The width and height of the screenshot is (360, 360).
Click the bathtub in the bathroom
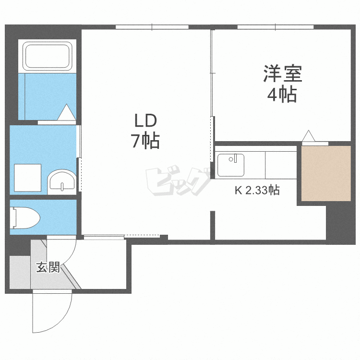coord(48,56)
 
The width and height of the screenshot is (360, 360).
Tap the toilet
coord(25,218)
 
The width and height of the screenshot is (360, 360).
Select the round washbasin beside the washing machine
coord(62,182)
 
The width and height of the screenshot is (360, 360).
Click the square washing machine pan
coord(28,178)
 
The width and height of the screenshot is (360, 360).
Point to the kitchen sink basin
coord(231,165)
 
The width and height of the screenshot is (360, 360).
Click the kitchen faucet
coord(233,159)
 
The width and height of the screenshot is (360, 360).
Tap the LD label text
coord(145,121)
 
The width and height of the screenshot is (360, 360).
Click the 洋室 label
coord(283,73)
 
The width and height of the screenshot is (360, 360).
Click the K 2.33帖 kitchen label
coord(257,190)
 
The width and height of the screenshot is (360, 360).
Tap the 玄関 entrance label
coord(48,267)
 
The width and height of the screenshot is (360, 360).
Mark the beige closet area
coord(326,173)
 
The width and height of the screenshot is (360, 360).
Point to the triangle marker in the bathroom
coord(67,112)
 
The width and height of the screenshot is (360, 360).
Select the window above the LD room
coord(152,27)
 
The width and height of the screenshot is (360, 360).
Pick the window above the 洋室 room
coord(276,27)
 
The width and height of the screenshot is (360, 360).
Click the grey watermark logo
coord(179,181)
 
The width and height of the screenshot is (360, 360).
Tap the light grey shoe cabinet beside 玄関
coord(20,272)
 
